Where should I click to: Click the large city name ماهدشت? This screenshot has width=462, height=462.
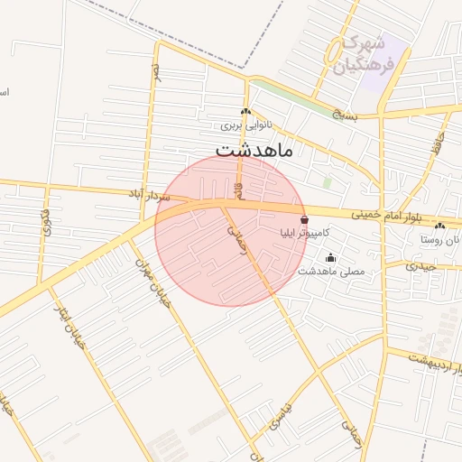click(254, 149)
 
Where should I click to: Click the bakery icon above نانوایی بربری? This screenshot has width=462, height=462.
click(245, 112)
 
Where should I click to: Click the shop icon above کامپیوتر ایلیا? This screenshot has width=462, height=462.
click(304, 219)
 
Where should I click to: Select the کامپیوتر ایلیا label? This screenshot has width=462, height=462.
click(305, 233)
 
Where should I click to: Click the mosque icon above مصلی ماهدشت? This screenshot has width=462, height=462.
click(329, 257)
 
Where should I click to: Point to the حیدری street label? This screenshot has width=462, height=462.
click(420, 266)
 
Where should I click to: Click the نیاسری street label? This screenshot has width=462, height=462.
click(281, 413)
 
